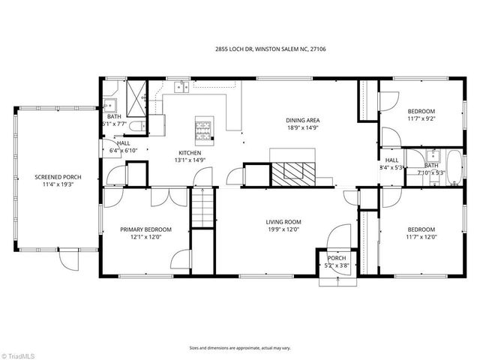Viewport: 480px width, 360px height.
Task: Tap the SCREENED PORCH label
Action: pos(58,177)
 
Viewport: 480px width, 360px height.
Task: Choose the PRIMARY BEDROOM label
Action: pos(146,229)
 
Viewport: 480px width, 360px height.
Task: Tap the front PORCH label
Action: pos(331,258)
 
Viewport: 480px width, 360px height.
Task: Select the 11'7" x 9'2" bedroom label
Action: pos(421,118)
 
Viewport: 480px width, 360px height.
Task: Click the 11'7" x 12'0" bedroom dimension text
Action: pos(421,237)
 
